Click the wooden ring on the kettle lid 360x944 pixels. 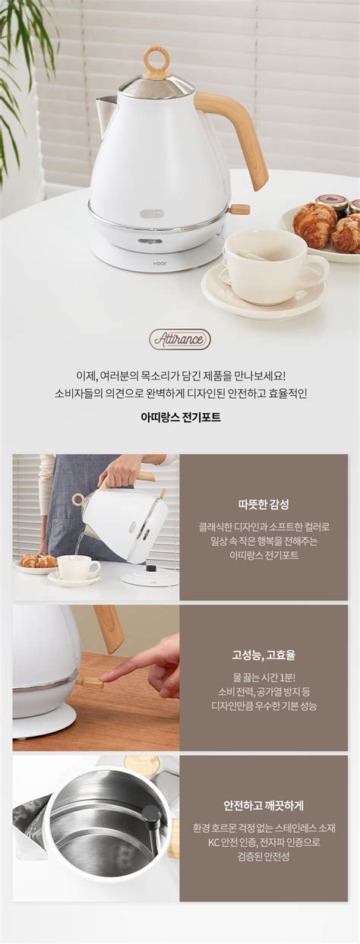coord(156,62)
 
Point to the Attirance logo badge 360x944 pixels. coord(179,339)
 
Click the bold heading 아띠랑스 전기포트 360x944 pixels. coord(180,417)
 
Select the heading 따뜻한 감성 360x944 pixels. coord(264,504)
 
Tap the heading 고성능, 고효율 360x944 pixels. coord(264,655)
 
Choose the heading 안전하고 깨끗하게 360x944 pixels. coord(264,806)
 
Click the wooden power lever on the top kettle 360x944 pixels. coord(240,210)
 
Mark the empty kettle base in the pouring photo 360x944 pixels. coord(150,576)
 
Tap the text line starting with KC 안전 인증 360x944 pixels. coord(264,841)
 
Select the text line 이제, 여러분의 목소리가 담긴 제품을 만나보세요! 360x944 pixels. coord(180,375)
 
